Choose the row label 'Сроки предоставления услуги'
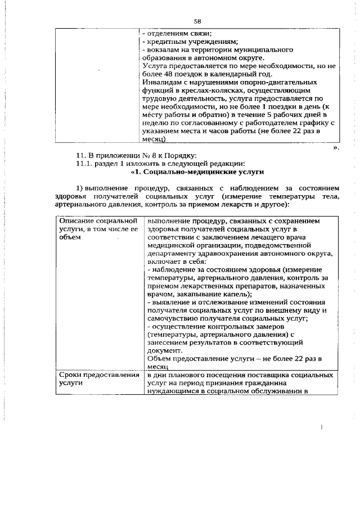[x=95, y=379]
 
